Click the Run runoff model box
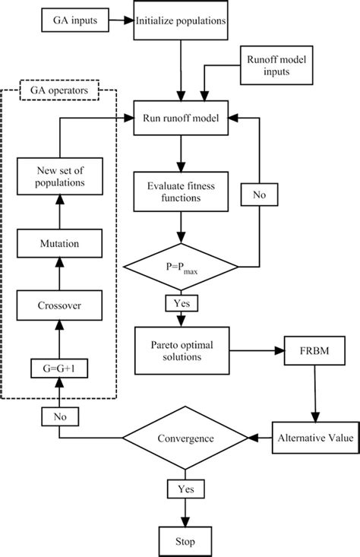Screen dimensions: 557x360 [x=181, y=119]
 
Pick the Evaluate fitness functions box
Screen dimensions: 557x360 [x=181, y=190]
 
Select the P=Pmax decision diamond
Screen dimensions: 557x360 [x=181, y=267]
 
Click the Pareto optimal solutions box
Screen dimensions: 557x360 [x=181, y=350]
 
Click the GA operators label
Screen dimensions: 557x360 [x=58, y=90]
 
